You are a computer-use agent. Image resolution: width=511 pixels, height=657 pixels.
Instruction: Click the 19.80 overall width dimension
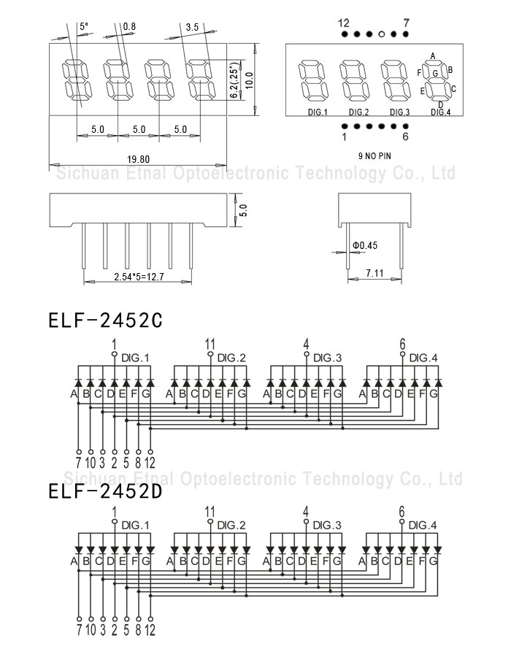[138, 159]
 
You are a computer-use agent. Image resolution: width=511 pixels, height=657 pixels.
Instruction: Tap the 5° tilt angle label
[84, 26]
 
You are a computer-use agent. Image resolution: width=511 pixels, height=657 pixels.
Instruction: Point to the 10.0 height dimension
[249, 80]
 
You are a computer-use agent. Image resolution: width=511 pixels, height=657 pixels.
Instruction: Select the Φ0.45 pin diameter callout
[365, 245]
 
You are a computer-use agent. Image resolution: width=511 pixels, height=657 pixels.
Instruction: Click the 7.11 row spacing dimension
[374, 273]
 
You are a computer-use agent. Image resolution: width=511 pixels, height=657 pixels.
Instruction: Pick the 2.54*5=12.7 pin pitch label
[139, 277]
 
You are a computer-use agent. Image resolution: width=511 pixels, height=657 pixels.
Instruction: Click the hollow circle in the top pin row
[381, 34]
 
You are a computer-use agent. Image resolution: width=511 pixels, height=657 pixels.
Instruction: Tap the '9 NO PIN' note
[374, 156]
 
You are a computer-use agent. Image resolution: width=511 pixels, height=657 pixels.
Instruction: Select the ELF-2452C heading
[105, 320]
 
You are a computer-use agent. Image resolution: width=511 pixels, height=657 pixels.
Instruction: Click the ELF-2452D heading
[105, 491]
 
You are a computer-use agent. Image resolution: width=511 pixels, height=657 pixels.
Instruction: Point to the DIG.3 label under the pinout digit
[399, 112]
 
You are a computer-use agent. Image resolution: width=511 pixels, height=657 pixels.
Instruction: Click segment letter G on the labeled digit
[435, 73]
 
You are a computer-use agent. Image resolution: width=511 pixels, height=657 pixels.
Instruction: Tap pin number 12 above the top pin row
[343, 23]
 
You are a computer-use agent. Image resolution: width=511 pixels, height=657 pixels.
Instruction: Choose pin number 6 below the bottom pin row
[405, 137]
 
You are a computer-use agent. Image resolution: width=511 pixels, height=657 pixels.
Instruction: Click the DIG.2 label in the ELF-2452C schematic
[231, 358]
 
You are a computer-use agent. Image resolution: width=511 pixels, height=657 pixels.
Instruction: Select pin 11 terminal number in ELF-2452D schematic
[210, 512]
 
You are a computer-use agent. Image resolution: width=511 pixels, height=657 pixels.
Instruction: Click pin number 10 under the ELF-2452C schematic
[91, 463]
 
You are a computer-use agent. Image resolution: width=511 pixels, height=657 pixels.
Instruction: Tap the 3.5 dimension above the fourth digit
[192, 27]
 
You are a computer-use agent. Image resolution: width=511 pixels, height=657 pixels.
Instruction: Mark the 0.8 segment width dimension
[129, 26]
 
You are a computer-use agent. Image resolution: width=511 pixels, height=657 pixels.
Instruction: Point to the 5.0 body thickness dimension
[243, 210]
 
